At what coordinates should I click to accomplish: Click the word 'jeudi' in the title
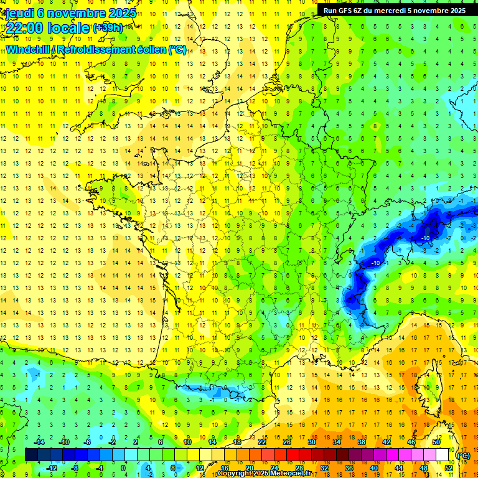tap(19, 13)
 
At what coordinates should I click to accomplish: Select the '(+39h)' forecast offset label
tap(108, 28)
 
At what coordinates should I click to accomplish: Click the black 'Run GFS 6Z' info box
tap(395, 11)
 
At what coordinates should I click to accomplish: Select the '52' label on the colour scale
tap(449, 467)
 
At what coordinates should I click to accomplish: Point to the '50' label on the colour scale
tap(436, 442)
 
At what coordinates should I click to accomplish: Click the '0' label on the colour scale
tap(123, 467)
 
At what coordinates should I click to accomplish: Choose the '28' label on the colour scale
tap(299, 467)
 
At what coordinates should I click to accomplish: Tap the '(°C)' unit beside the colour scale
tap(464, 455)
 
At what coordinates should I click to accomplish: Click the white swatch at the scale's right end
tap(443, 455)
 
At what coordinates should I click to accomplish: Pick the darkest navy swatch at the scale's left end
tap(30, 455)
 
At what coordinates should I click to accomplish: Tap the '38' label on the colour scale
tap(362, 442)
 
